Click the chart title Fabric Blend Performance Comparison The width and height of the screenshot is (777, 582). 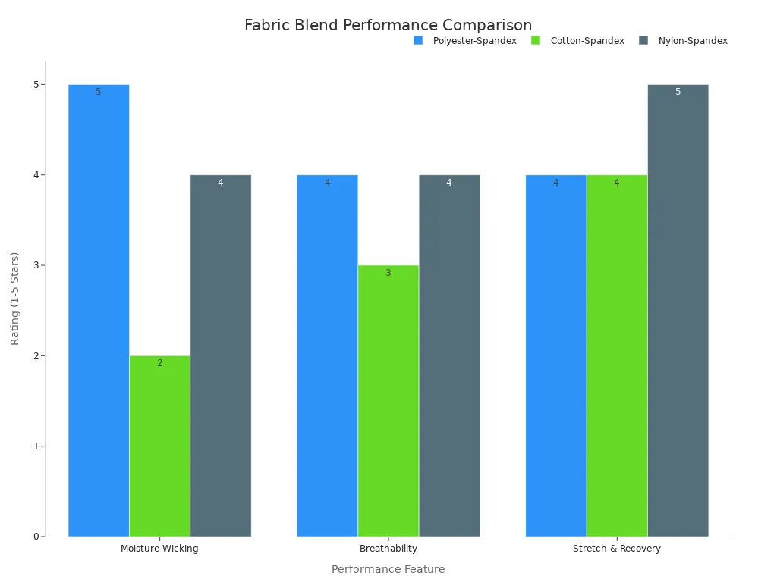(x=388, y=25)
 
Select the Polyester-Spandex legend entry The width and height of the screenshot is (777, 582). (x=465, y=41)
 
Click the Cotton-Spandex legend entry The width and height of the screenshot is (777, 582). (x=578, y=41)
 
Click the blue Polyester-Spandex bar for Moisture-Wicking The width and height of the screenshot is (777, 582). (x=99, y=311)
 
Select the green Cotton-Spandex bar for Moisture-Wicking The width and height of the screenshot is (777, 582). (x=159, y=446)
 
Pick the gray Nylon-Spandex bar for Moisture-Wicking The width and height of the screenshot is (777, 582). (x=221, y=356)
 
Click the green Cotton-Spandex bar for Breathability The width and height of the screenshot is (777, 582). (x=388, y=401)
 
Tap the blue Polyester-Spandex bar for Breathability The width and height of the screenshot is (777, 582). (x=327, y=356)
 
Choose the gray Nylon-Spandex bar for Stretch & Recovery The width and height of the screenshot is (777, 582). (x=678, y=311)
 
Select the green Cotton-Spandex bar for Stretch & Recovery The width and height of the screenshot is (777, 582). (x=617, y=356)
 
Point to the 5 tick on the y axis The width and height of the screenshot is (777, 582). (x=35, y=85)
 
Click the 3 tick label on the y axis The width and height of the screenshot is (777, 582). (x=35, y=265)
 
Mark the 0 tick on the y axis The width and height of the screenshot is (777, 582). (x=35, y=537)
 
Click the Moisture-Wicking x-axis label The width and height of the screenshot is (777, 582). (x=159, y=549)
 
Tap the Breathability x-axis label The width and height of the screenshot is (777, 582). (x=388, y=549)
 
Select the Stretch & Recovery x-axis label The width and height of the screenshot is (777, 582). (x=617, y=549)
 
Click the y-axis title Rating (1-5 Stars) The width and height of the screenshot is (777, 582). (x=15, y=299)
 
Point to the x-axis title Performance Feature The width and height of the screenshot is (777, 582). (x=388, y=569)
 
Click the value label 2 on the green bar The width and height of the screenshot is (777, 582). (x=159, y=363)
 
